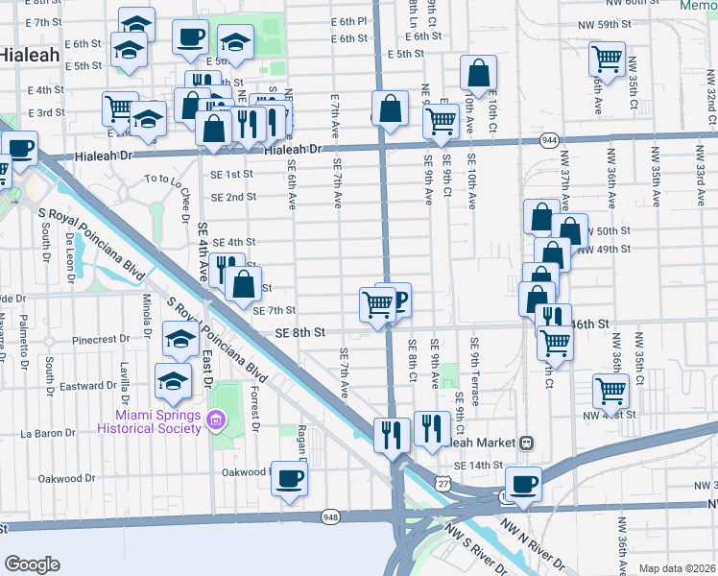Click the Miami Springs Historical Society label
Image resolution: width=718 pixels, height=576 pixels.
coord(158,420)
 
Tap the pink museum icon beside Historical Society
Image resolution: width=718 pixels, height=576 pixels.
coord(216,420)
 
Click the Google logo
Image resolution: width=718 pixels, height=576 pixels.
coord(32,564)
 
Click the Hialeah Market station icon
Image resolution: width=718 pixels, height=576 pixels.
coord(526,444)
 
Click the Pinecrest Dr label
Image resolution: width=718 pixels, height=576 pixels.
coord(101,340)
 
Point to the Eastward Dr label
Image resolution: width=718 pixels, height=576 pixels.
coord(87,386)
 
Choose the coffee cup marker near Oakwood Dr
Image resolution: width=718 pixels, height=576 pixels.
coord(289,479)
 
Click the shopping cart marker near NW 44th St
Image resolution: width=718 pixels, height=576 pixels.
coord(611,391)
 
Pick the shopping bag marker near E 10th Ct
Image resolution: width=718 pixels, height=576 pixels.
coord(478,72)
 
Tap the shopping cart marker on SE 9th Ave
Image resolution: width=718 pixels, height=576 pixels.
coord(441,121)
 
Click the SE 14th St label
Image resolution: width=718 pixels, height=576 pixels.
coord(478,465)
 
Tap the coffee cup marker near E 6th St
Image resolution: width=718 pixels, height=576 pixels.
coord(190,36)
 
